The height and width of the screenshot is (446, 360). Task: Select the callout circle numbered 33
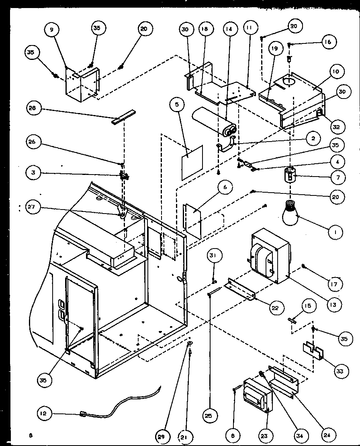[340, 371]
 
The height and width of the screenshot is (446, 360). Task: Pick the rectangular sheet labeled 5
[192, 162]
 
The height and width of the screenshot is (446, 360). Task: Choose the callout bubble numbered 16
[329, 41]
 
